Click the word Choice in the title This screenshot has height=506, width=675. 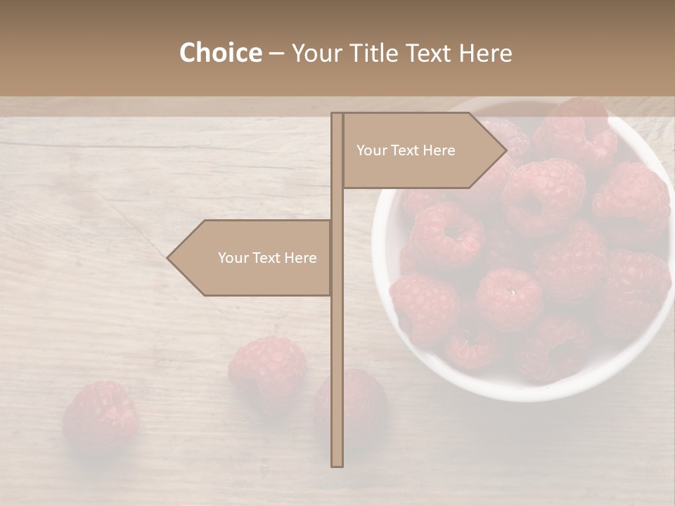click(x=220, y=53)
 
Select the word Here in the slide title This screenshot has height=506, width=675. click(x=486, y=53)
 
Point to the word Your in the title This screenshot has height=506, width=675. click(x=316, y=53)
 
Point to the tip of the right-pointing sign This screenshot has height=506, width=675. click(x=505, y=150)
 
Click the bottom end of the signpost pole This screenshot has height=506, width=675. click(x=337, y=464)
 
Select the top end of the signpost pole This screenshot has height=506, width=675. click(x=337, y=115)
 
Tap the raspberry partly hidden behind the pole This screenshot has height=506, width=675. click(x=359, y=404)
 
